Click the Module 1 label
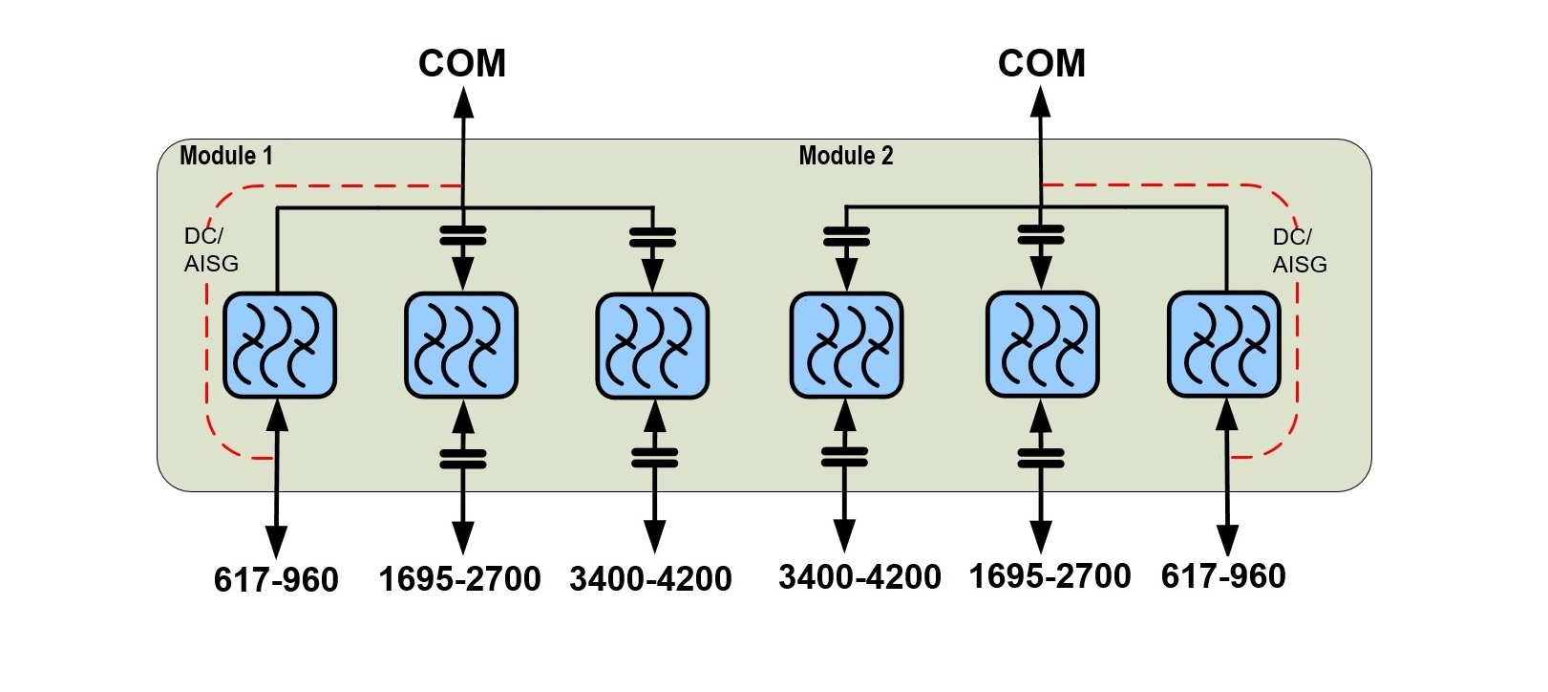[x=226, y=156]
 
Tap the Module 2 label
[x=845, y=156]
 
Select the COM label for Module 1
[x=462, y=64]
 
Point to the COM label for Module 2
[x=1041, y=64]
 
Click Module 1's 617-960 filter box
[x=279, y=345]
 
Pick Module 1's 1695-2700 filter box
[x=461, y=345]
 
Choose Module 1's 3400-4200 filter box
[x=652, y=345]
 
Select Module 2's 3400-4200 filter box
[x=846, y=345]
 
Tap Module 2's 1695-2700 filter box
[x=1042, y=345]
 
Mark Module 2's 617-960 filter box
[x=1224, y=345]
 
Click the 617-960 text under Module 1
[x=276, y=580]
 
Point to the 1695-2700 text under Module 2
[x=1050, y=576]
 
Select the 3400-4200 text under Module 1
[x=651, y=579]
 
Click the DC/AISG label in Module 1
[x=210, y=249]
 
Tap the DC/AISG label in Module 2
[x=1299, y=250]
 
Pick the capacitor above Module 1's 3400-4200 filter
[x=653, y=237]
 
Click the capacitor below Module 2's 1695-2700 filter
[x=1041, y=458]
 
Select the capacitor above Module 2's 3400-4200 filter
[x=846, y=236]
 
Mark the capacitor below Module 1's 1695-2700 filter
[x=463, y=459]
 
